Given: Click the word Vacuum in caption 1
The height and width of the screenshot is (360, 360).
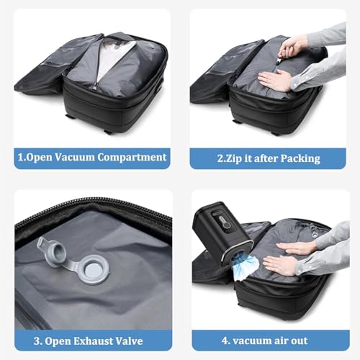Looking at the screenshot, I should pyautogui.click(x=73, y=158).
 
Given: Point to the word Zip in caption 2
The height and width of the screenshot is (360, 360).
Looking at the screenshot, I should pyautogui.click(x=230, y=158).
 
